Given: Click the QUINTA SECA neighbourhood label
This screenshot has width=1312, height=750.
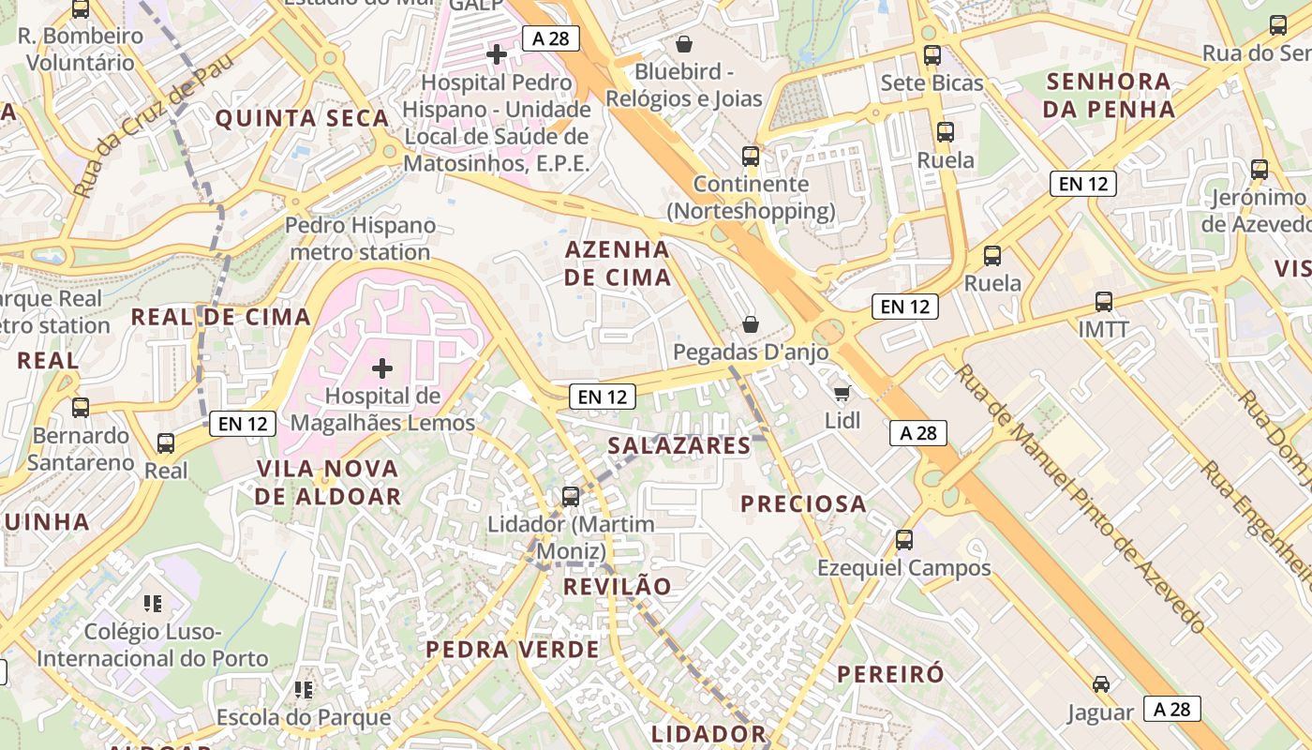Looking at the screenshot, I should pyautogui.click(x=303, y=118).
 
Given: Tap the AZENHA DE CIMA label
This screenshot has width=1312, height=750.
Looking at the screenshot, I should pyautogui.click(x=618, y=263).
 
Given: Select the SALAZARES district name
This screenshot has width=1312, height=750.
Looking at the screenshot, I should pyautogui.click(x=679, y=445).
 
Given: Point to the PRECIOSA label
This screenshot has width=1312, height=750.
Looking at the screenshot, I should pyautogui.click(x=803, y=503).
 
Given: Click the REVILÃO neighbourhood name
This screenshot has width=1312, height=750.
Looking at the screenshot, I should pyautogui.click(x=618, y=587).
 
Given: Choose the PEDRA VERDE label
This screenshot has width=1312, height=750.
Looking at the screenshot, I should pyautogui.click(x=513, y=650).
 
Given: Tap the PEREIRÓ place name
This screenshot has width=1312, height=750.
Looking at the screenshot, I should pyautogui.click(x=890, y=674).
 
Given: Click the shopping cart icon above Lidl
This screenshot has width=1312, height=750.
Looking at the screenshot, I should pyautogui.click(x=842, y=392).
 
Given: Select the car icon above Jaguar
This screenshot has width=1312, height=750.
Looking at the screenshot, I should pyautogui.click(x=1101, y=684).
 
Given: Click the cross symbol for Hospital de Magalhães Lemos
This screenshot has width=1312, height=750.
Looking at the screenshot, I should pyautogui.click(x=382, y=368).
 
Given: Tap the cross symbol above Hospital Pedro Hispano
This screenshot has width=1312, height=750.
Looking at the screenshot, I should pyautogui.click(x=497, y=54).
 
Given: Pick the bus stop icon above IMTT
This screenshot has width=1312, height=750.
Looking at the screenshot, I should pyautogui.click(x=1104, y=302).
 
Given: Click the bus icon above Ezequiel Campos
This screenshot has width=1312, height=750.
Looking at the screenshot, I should pyautogui.click(x=903, y=540).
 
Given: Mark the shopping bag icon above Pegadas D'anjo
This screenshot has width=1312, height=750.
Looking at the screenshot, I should pyautogui.click(x=750, y=324).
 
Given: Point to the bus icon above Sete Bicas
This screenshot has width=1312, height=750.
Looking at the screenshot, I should pyautogui.click(x=932, y=54).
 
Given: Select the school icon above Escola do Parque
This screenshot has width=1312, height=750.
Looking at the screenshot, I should pyautogui.click(x=303, y=691).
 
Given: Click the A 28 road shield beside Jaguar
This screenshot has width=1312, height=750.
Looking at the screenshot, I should pyautogui.click(x=1171, y=709).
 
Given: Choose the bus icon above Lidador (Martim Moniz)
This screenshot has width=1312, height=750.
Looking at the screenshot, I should pyautogui.click(x=570, y=496).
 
